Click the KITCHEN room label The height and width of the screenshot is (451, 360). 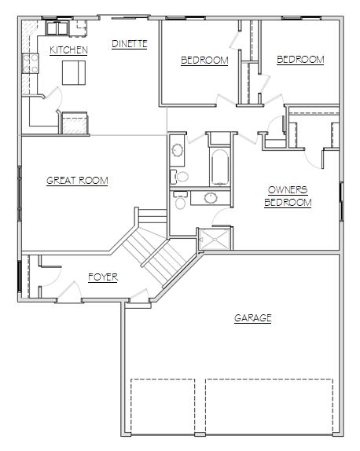coord(68,50)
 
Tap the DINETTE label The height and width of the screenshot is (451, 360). coord(130,44)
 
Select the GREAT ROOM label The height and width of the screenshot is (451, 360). coord(77,181)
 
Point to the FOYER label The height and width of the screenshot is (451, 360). coord(103,277)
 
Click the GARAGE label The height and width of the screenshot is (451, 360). coord(253,318)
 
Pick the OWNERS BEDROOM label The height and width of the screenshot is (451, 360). coord(288,196)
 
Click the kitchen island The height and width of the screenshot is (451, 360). coord(74,72)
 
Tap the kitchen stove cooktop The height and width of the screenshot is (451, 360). coord(30,64)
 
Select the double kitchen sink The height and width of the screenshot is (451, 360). coord(57,28)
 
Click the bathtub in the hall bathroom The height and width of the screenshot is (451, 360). coord(220,167)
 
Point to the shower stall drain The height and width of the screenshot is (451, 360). coord(215,240)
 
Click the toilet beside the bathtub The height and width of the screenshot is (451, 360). coord(179,177)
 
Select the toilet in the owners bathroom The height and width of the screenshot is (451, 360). coord(180,200)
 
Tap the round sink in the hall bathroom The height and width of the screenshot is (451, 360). coord(177,149)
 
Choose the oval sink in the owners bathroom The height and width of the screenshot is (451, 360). coord(211,197)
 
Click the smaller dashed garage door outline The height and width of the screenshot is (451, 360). coord(163,406)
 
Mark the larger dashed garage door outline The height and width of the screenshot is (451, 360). coord(270,406)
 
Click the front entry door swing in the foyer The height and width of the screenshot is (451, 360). coord(70,291)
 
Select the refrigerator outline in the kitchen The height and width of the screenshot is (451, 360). coord(75,123)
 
